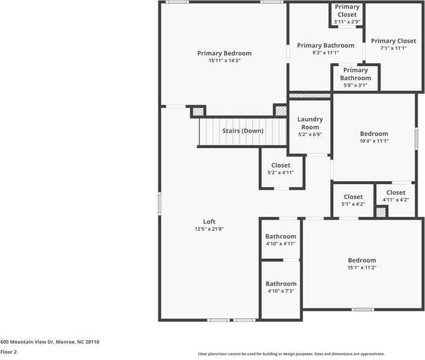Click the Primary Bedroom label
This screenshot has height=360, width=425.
[224, 53]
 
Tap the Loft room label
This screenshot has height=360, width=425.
[209, 222]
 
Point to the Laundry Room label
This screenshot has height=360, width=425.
[311, 123]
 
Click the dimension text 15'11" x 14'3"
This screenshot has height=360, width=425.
[224, 61]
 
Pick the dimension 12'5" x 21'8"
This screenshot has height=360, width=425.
[209, 229]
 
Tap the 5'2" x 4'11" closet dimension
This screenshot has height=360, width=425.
[281, 173]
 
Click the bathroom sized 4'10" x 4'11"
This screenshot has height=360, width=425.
[281, 240]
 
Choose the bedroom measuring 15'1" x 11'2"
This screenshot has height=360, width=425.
[362, 264]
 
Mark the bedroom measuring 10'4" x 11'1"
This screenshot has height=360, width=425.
[374, 137]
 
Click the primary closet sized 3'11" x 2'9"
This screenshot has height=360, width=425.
[347, 14]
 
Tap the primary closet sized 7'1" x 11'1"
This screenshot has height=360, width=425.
[393, 45]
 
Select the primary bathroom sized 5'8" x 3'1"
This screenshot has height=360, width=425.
[355, 78]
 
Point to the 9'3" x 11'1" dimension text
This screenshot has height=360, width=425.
[325, 53]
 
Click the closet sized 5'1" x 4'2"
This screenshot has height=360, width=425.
[353, 200]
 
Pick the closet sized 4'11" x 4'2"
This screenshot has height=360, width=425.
[396, 196]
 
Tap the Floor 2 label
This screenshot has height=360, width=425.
[8, 352]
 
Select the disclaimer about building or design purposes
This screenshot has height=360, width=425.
[291, 354]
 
